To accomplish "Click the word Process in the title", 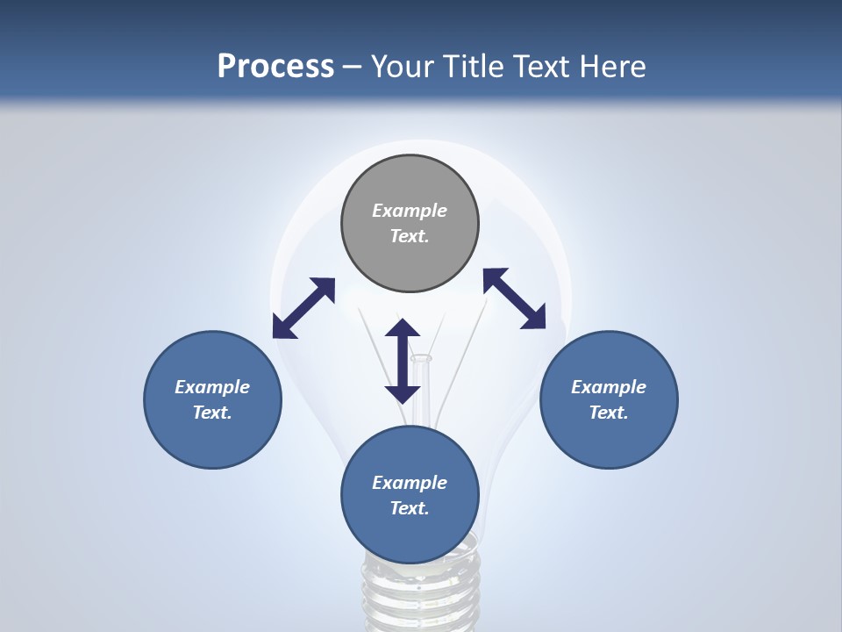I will pyautogui.click(x=275, y=67).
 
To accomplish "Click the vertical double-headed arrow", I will pyautogui.click(x=403, y=361).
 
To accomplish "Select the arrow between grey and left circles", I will pyautogui.click(x=303, y=308).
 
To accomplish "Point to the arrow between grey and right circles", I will pyautogui.click(x=515, y=298).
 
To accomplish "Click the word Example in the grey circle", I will pyautogui.click(x=410, y=211).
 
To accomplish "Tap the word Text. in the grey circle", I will pyautogui.click(x=410, y=236).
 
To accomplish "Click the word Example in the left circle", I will pyautogui.click(x=212, y=387).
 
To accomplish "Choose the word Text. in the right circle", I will pyautogui.click(x=609, y=413).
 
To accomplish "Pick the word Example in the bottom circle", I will pyautogui.click(x=410, y=483).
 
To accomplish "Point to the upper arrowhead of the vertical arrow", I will pyautogui.click(x=403, y=329).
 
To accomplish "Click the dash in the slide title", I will pyautogui.click(x=353, y=67).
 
